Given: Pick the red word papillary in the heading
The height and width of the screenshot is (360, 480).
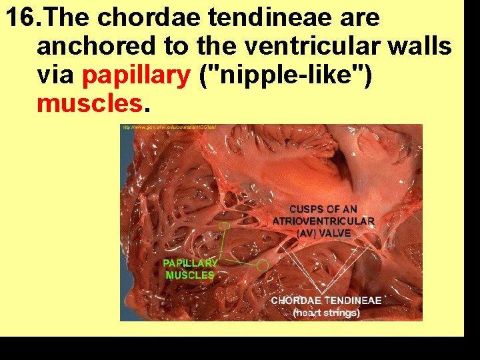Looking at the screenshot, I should point(136,76).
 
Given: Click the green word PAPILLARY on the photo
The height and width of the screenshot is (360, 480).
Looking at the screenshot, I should point(190,263).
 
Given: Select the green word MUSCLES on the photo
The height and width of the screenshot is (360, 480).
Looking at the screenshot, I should point(190,275).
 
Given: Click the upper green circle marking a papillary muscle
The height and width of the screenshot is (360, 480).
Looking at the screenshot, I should point(225,226).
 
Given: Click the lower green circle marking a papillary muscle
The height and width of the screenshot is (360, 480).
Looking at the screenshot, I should point(262,265).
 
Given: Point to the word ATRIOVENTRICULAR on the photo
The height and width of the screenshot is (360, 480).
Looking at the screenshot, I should point(324,221).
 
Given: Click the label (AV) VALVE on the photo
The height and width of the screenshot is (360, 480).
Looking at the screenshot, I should point(324,233).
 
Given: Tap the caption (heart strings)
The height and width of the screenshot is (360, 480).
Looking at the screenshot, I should point(327,312).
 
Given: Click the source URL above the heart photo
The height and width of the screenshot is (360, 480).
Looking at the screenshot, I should point(169,127).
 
